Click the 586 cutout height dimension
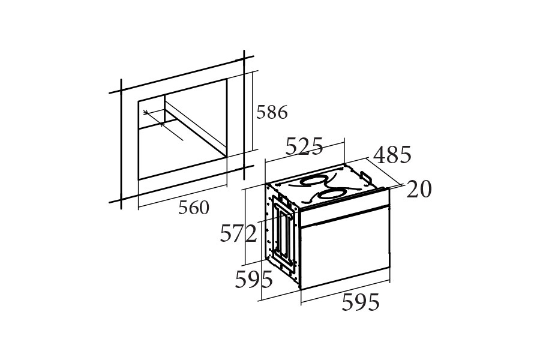point(272,112)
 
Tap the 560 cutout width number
point(194,208)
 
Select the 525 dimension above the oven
point(304,146)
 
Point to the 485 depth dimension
point(392,154)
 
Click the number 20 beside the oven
point(419,189)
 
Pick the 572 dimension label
point(238,233)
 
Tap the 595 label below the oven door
point(361,302)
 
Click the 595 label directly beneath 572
point(254,279)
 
